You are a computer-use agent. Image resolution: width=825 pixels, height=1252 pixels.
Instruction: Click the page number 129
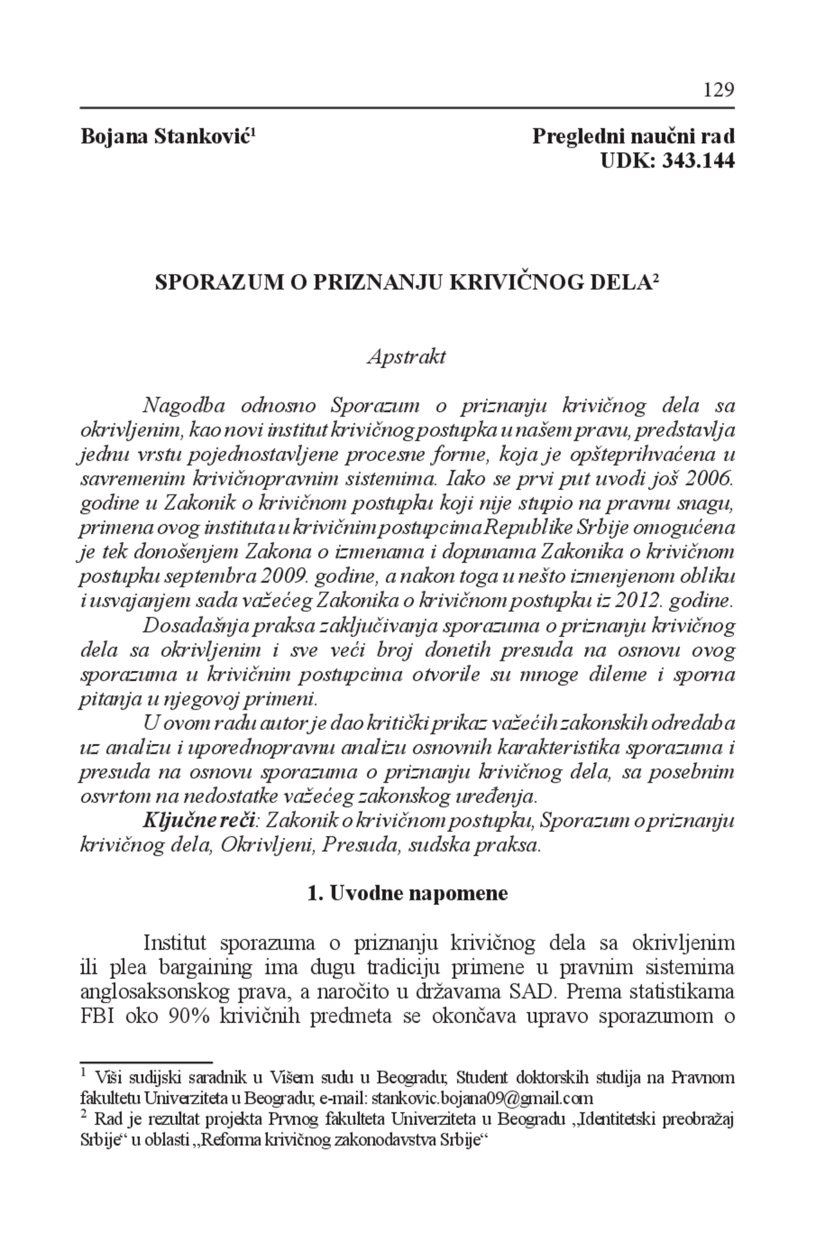719,89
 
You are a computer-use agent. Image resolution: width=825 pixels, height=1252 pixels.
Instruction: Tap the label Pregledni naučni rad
633,137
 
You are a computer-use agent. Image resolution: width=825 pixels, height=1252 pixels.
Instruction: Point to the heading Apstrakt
406,357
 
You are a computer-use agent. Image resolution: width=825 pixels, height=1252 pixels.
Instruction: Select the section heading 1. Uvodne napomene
407,894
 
